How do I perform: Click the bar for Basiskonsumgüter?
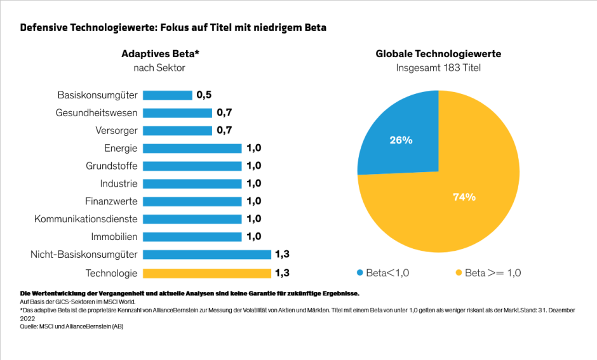point(167,95)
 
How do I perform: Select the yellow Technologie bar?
point(206,274)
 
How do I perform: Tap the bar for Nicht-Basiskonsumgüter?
point(206,255)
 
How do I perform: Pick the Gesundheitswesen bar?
point(177,113)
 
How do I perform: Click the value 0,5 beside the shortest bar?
point(204,95)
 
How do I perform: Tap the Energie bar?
point(192,149)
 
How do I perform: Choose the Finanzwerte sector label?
point(111,201)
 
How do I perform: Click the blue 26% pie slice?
point(401,140)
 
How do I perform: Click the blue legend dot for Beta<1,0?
point(360,273)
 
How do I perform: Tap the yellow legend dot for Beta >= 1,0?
point(457,273)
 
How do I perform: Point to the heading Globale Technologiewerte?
point(438,54)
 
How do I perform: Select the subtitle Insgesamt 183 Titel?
point(438,67)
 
